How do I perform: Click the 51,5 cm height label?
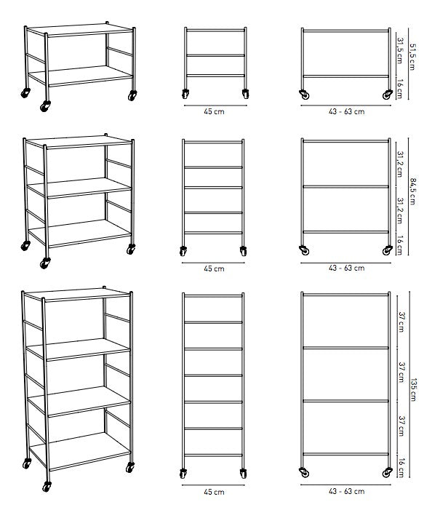click(x=412, y=57)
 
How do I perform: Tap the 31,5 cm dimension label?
click(x=400, y=51)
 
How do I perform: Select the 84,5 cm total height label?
click(x=412, y=191)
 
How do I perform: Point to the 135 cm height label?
click(x=414, y=390)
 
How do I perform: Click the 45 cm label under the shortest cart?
click(x=214, y=111)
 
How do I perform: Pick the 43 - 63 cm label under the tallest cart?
click(x=346, y=491)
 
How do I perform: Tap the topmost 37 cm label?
click(x=401, y=322)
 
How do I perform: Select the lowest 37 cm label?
click(x=401, y=426)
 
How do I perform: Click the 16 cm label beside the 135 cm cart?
click(x=401, y=468)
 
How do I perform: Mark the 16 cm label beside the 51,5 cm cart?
click(x=400, y=89)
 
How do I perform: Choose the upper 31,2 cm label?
click(x=401, y=164)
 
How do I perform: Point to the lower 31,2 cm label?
click(x=401, y=211)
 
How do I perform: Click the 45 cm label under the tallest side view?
click(x=214, y=492)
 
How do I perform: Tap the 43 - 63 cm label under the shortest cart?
click(x=346, y=111)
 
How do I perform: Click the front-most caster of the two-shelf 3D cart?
click(x=45, y=105)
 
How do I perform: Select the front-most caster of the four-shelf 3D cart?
click(x=47, y=487)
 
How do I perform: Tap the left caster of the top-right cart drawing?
click(x=305, y=95)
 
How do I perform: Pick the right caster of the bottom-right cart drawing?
click(x=387, y=473)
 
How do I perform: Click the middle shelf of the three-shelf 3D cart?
click(x=79, y=188)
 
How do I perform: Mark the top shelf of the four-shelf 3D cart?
click(x=76, y=295)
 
